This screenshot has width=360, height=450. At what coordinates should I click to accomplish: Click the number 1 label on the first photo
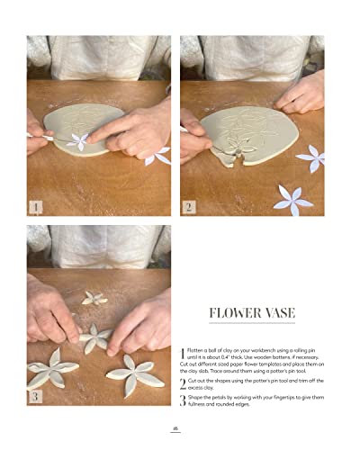(x=36, y=206)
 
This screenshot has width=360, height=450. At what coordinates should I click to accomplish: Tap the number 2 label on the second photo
(x=189, y=206)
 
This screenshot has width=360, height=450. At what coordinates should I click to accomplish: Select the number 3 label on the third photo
(x=36, y=395)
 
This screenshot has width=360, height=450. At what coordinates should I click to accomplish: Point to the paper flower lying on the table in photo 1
(x=157, y=156)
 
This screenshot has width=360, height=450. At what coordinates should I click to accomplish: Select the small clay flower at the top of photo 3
(x=94, y=297)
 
